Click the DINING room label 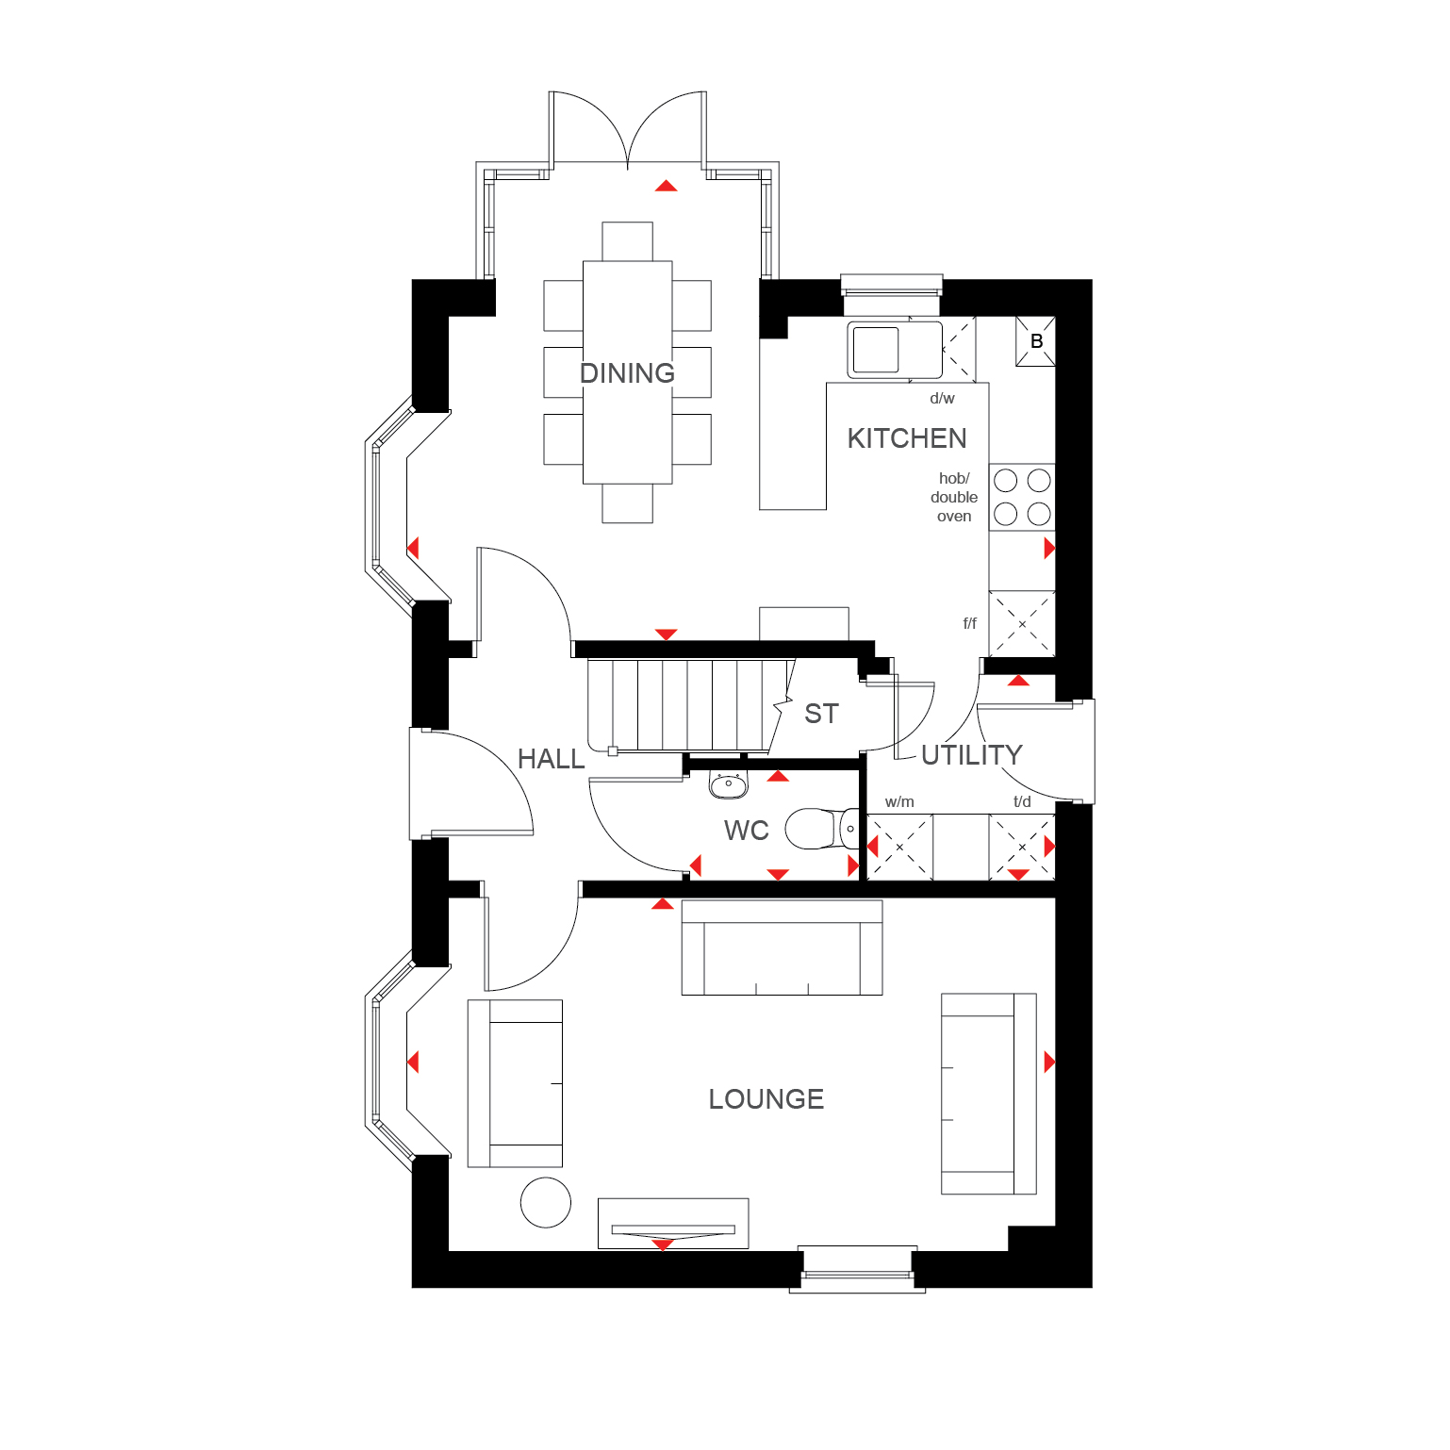tap(627, 373)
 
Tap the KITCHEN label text tap(907, 438)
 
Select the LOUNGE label tap(766, 1099)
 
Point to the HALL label tap(552, 759)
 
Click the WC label tap(747, 831)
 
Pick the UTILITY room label tap(972, 755)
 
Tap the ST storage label tap(821, 714)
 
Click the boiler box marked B tap(1035, 341)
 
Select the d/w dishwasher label tap(942, 399)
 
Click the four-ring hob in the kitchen tap(1022, 497)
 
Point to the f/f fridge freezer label tap(970, 623)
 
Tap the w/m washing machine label tap(899, 802)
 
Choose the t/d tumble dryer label tap(1022, 802)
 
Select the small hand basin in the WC tap(728, 783)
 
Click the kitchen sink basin tap(876, 350)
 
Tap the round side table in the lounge tap(546, 1202)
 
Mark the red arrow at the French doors tap(667, 186)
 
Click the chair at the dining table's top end tap(627, 241)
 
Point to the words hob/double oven tap(954, 498)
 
